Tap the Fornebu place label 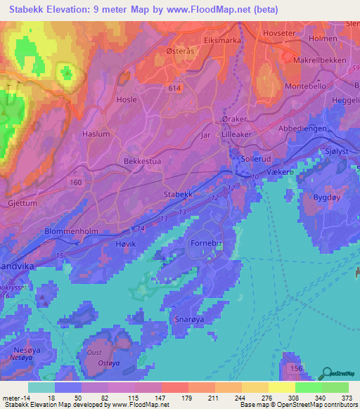(206, 243)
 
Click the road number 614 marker (174, 87)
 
